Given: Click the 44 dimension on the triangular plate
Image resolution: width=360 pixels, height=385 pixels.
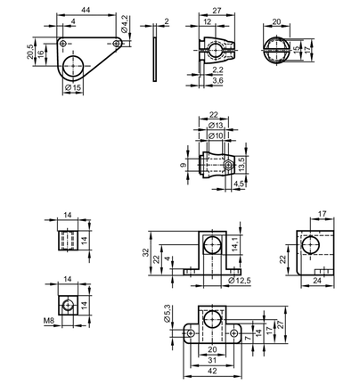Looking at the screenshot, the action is click(86, 10).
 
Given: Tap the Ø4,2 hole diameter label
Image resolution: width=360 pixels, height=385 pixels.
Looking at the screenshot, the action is click(125, 24).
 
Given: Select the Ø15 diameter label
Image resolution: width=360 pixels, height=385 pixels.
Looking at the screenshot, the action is click(73, 87).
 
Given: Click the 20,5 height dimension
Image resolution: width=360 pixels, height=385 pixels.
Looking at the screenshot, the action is click(30, 52).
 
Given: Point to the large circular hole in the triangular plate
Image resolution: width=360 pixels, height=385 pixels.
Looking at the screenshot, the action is click(73, 66).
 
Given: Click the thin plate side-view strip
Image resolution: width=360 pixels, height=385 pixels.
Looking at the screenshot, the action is click(155, 53).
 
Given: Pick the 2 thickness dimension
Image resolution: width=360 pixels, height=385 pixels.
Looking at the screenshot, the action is click(167, 21).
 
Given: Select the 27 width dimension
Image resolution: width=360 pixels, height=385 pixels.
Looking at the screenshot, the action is click(217, 11).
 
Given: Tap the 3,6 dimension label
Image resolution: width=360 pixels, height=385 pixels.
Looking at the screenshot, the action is click(218, 80).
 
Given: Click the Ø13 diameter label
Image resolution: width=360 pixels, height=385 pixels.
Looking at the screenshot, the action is click(216, 126).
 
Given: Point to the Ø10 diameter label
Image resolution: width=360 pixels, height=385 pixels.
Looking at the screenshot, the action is click(216, 135).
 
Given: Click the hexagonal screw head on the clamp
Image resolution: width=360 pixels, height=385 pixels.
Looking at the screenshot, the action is click(228, 164).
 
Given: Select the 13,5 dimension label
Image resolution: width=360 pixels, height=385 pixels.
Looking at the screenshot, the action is click(241, 164).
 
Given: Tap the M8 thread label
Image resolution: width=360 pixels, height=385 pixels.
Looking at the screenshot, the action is click(49, 321).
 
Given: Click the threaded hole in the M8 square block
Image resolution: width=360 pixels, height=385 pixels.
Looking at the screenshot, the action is click(68, 305).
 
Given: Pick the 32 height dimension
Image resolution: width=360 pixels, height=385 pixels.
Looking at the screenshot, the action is click(146, 253).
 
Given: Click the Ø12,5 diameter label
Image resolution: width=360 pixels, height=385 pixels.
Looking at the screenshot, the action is click(240, 280).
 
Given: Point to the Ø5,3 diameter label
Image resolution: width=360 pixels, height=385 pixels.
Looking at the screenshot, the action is click(168, 314).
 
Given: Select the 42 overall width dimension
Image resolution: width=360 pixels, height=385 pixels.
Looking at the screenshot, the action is click(212, 371).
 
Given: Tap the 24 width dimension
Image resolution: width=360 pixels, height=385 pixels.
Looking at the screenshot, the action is click(317, 280).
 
